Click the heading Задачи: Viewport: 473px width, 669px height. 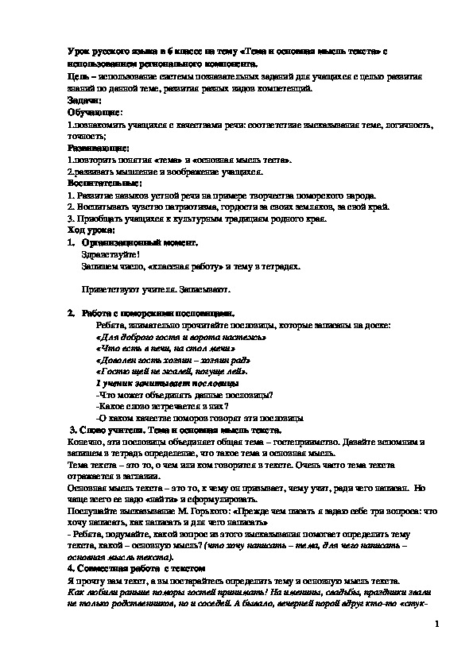click(x=85, y=102)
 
